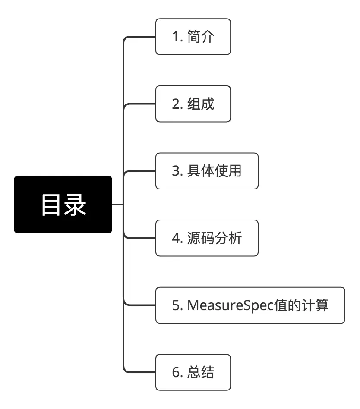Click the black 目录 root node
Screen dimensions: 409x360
click(63, 204)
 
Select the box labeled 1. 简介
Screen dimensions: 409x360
click(193, 37)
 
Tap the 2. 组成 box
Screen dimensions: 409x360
click(193, 104)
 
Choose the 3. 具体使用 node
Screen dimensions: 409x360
click(207, 171)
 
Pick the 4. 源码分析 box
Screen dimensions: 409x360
click(207, 238)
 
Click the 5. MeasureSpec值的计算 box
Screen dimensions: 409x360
click(250, 305)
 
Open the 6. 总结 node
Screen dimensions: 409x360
click(193, 372)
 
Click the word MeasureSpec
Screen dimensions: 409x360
click(231, 305)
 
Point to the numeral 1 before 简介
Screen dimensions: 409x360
click(175, 37)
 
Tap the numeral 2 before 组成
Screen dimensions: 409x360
click(175, 104)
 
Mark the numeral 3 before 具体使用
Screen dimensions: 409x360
click(175, 171)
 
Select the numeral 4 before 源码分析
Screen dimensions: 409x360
click(175, 239)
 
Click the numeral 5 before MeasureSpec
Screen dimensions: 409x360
click(175, 305)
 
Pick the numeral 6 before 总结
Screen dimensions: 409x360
click(175, 373)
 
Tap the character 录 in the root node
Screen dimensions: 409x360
click(75, 205)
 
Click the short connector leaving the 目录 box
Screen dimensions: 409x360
click(117, 204)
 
